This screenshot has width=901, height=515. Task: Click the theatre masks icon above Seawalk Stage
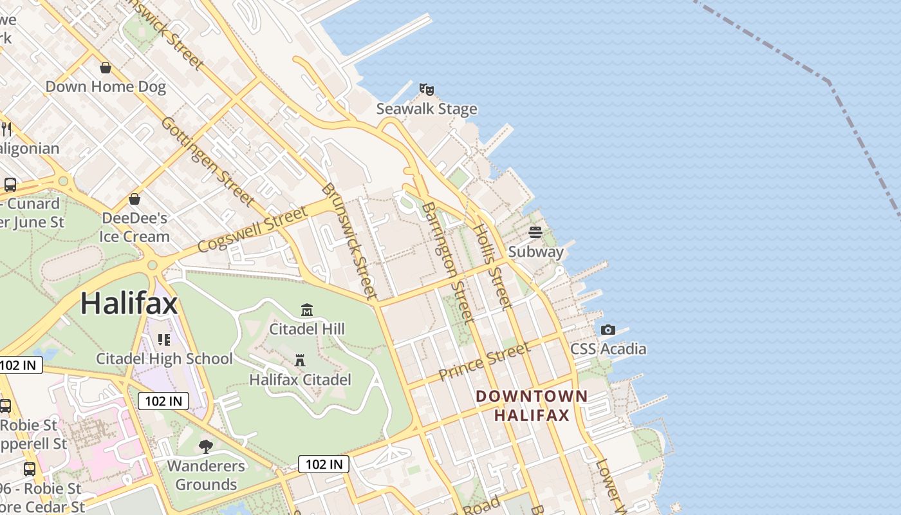(x=426, y=89)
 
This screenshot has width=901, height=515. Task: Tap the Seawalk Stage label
(x=427, y=109)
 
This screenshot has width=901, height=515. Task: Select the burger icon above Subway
(x=535, y=232)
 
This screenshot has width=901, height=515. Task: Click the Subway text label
(x=535, y=252)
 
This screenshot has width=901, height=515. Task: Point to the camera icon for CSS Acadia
(x=608, y=330)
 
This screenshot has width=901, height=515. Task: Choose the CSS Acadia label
(x=608, y=349)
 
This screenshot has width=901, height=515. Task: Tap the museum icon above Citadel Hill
(x=307, y=310)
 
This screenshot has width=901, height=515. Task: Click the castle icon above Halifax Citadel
(x=300, y=360)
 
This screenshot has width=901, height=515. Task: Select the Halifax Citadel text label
(x=300, y=380)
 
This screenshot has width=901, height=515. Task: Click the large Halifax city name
(x=129, y=303)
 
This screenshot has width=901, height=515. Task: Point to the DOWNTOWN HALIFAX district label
(x=532, y=406)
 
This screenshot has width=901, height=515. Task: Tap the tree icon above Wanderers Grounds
(x=206, y=446)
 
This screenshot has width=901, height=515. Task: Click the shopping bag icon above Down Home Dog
(x=106, y=68)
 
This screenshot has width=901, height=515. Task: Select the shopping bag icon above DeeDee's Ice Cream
(x=135, y=199)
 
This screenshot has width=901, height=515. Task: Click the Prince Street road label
(x=484, y=361)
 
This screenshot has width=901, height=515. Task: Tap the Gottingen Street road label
(x=207, y=161)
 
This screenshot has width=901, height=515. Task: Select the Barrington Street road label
(x=449, y=261)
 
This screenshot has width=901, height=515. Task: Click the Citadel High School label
(x=164, y=359)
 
